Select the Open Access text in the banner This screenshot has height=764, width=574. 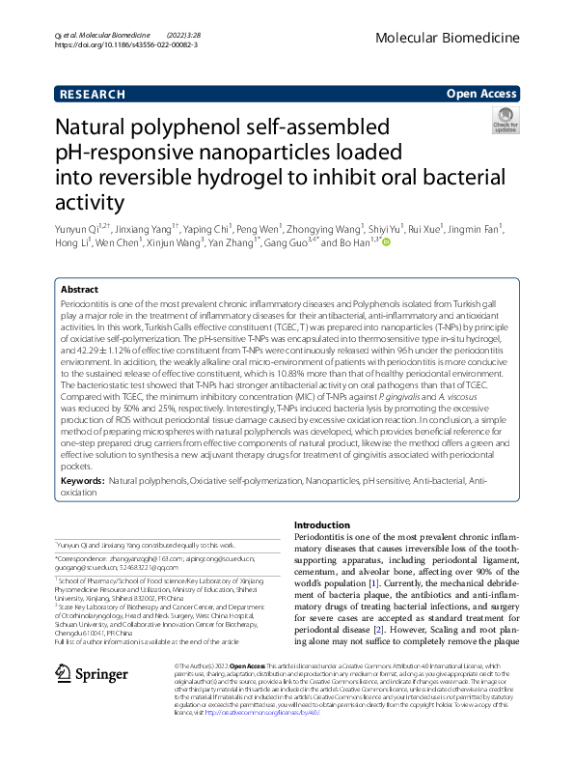coord(480,94)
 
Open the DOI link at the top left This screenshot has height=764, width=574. coord(119,44)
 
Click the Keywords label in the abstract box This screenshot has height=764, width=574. coord(82,479)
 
